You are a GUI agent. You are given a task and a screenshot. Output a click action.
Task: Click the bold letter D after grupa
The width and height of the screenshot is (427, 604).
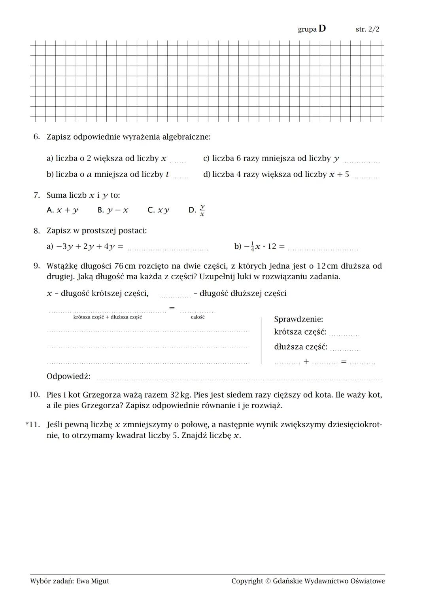tap(322, 28)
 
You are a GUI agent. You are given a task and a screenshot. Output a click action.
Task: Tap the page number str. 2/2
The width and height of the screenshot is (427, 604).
tap(367, 29)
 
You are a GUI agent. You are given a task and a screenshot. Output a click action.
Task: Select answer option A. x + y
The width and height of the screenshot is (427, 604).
tap(62, 210)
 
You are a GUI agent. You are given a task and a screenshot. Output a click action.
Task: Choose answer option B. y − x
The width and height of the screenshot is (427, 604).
tap(113, 210)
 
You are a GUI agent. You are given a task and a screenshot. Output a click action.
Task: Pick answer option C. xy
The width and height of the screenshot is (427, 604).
tap(158, 210)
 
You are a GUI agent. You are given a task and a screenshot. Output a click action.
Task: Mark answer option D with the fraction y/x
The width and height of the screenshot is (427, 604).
tap(197, 210)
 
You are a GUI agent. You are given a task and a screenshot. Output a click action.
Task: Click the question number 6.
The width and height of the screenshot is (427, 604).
tap(36, 137)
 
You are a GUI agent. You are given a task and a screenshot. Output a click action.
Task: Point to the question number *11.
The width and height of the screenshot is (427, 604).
tap(33, 425)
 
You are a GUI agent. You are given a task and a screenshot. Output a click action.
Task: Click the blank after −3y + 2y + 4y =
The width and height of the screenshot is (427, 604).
tap(168, 248)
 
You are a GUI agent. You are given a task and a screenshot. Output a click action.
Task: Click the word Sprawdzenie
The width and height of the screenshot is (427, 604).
tap(298, 319)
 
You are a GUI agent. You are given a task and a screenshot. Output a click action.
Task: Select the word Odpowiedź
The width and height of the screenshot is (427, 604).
tap(68, 376)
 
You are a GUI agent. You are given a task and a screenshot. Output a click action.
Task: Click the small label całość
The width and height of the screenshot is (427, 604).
tap(198, 317)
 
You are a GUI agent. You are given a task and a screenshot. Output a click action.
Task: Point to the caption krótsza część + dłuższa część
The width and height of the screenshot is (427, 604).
tap(108, 317)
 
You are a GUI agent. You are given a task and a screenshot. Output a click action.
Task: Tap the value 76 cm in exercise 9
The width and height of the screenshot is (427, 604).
tap(125, 266)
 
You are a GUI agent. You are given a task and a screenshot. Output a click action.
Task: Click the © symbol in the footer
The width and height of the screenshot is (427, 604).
tap(268, 581)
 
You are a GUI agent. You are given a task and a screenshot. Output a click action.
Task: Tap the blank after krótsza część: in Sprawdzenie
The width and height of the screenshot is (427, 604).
tap(344, 334)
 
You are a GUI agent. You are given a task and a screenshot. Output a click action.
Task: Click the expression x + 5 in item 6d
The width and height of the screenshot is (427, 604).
tap(339, 174)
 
